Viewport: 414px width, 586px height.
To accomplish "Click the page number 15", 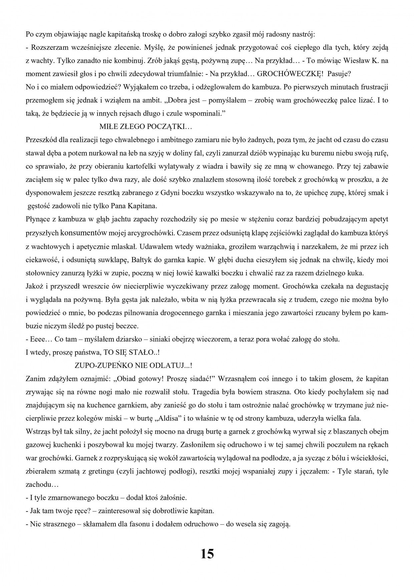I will pyautogui.click(x=207, y=554).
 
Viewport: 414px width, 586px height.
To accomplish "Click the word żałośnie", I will pyautogui.click(x=171, y=498).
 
